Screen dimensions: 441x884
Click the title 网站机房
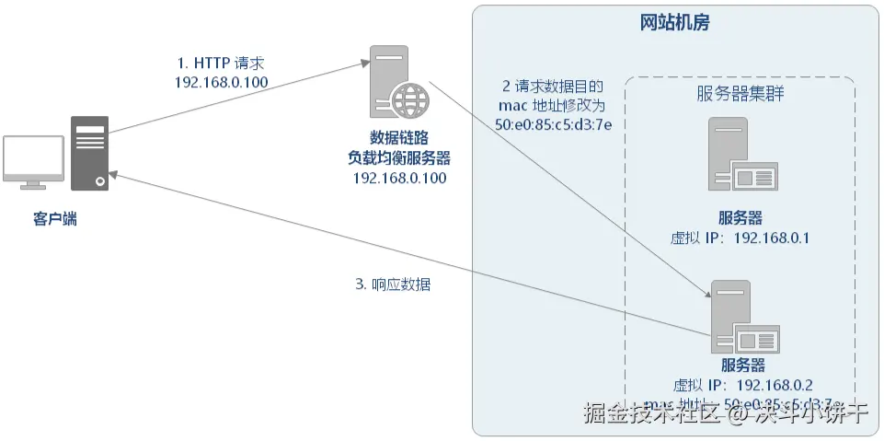click(674, 23)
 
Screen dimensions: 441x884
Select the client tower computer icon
click(89, 153)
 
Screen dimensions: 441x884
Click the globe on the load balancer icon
click(408, 97)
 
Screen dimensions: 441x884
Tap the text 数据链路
click(400, 137)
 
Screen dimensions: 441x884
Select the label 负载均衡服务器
click(400, 157)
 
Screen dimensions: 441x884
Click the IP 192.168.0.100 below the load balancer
click(400, 178)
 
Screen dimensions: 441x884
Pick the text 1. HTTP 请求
click(221, 63)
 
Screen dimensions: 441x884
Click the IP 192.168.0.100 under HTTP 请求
click(221, 82)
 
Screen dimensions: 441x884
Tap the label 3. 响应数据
click(393, 284)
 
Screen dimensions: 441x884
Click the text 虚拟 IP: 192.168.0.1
click(740, 238)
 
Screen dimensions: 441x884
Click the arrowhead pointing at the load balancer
click(364, 62)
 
